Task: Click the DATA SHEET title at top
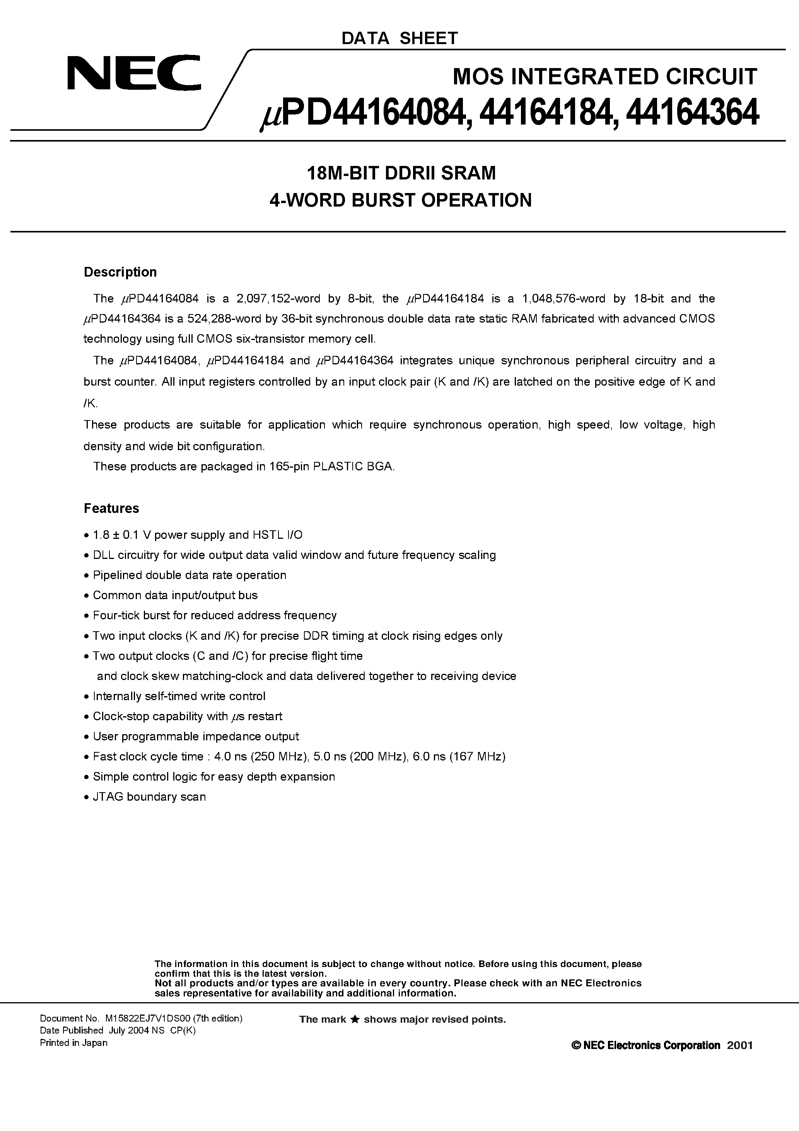(399, 38)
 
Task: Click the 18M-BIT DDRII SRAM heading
(401, 173)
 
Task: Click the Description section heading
(120, 272)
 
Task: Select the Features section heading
(111, 508)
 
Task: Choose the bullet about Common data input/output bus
(175, 595)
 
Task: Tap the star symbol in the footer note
(355, 1020)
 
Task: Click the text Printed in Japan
(73, 1043)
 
